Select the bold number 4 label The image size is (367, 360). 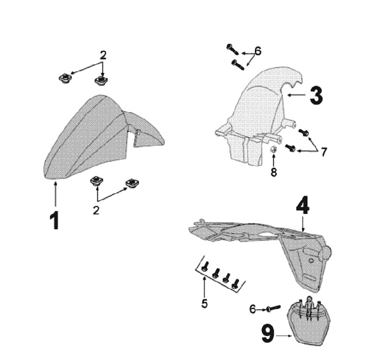[302, 206]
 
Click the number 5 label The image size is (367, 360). [204, 303]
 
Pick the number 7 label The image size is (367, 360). [324, 153]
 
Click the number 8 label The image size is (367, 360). [274, 172]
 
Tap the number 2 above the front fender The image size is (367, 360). [103, 55]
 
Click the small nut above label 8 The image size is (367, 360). [273, 149]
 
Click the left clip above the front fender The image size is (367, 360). [65, 78]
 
